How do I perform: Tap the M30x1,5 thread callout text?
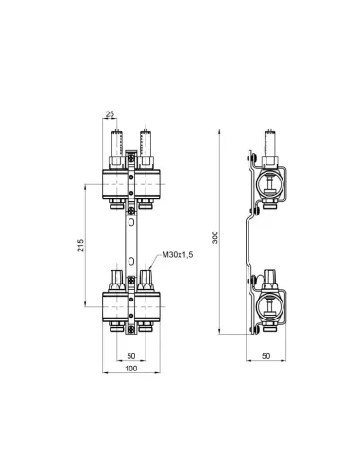(178, 255)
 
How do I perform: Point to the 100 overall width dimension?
(130, 368)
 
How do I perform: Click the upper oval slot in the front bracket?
(130, 224)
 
